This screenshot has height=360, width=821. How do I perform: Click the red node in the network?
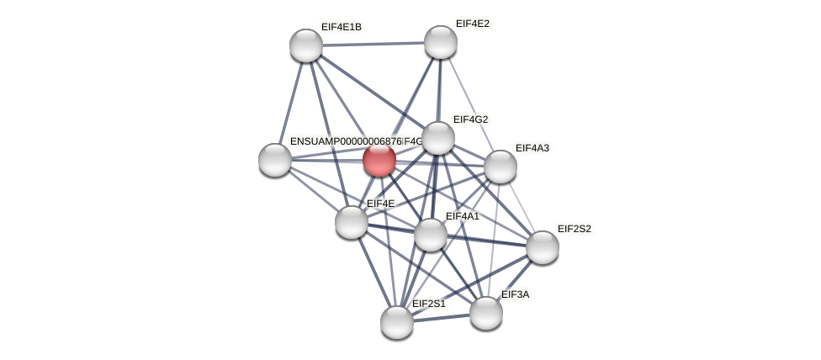[x=379, y=160]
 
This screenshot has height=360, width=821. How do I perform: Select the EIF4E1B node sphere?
[x=306, y=45]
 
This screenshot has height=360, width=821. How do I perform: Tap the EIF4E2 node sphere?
[x=440, y=42]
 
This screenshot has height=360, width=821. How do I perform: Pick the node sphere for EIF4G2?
[x=437, y=138]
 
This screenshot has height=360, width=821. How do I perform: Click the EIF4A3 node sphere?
[x=500, y=167]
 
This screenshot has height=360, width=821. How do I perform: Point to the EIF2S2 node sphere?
[x=542, y=247]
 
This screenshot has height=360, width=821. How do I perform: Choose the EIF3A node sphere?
[x=485, y=313]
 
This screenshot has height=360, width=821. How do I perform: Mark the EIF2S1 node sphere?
[x=397, y=321]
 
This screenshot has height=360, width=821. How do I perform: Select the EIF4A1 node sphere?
[x=431, y=235]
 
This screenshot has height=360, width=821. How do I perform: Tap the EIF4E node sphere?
[x=352, y=222]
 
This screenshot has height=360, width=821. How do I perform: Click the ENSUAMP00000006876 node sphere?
[x=275, y=160]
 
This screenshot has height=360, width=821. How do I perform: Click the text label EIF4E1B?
[x=341, y=27]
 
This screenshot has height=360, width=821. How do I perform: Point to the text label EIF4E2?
[x=472, y=24]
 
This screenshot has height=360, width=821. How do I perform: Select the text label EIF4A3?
[x=532, y=148]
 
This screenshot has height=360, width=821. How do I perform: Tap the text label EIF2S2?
[x=574, y=229]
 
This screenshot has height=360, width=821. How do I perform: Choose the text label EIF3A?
[x=515, y=294]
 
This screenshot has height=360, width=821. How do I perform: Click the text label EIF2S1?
[x=428, y=304]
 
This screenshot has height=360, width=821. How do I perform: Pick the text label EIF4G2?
[x=470, y=119]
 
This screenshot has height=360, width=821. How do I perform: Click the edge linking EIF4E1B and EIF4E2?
[x=373, y=44]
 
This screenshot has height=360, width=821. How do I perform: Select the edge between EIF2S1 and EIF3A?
[x=442, y=317]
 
